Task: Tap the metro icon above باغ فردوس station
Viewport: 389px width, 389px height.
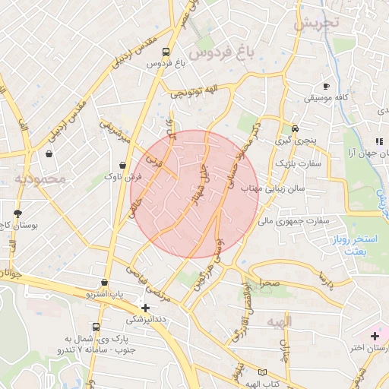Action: point(166,52)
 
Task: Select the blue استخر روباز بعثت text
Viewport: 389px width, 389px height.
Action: point(362,245)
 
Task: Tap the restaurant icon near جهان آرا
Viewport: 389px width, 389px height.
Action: point(378,141)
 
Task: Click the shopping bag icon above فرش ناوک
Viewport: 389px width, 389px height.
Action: point(123,165)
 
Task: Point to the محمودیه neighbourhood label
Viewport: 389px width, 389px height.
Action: point(40,179)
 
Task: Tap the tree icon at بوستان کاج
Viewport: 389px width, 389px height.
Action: point(18,213)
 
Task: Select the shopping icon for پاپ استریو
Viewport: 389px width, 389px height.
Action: point(93,282)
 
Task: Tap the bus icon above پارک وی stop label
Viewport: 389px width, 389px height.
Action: point(95,327)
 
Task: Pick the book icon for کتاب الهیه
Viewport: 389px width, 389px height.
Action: point(262,372)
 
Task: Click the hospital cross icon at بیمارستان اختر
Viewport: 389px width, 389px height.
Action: point(374,335)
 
